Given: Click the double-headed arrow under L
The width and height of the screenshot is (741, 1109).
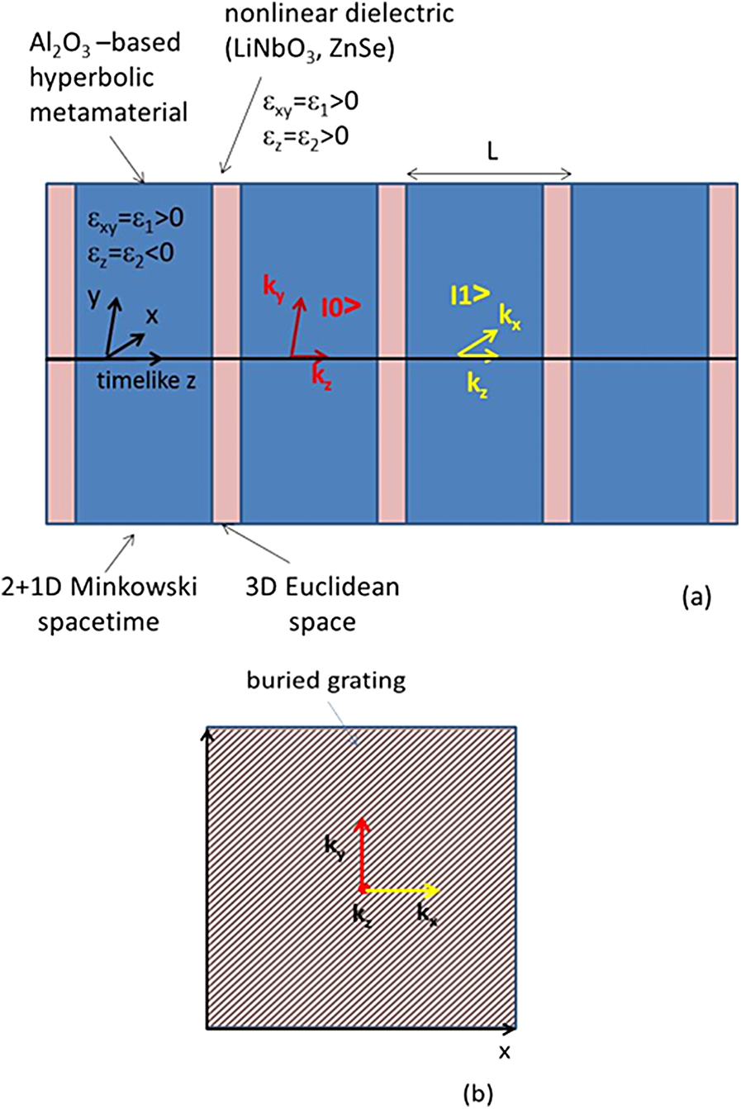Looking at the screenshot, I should [x=489, y=174].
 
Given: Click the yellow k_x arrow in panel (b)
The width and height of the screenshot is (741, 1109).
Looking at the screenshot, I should [x=400, y=889].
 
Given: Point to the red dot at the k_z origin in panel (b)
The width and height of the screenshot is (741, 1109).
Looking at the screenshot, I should [x=362, y=889].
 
